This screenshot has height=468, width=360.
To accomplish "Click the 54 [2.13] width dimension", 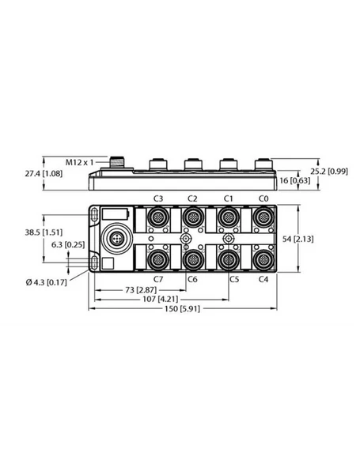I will click(x=322, y=239).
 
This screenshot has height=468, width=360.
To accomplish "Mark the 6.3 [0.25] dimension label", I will click(x=68, y=245).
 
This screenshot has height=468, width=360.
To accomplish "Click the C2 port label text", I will click(x=192, y=198).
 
